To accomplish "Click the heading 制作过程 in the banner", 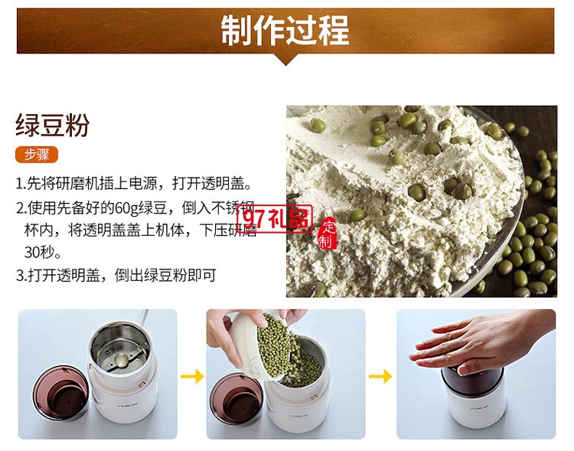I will point(285,30).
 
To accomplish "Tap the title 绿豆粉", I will point(52,126).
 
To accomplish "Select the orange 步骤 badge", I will point(37,155).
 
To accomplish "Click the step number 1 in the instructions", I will point(20,185).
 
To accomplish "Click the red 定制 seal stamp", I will point(328,234).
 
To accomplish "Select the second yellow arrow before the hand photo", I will point(380,376).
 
